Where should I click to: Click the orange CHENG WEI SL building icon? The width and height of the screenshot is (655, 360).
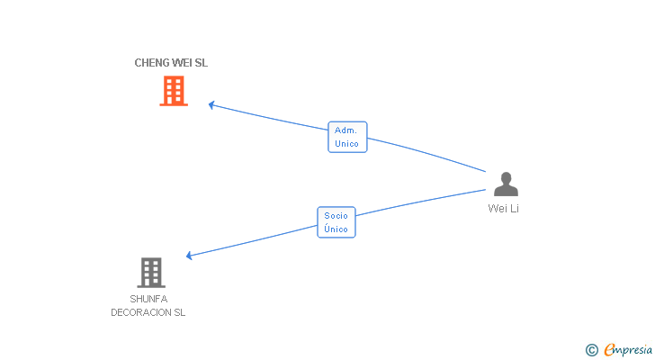(174, 90)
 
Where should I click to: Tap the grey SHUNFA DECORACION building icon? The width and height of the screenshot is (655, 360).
(151, 272)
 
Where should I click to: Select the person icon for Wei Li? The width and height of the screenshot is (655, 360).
(506, 184)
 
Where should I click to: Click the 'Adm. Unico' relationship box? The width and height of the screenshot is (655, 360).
(346, 137)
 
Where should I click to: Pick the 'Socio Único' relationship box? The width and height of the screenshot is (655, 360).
(336, 222)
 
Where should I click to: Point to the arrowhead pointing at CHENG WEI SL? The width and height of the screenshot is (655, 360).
(211, 104)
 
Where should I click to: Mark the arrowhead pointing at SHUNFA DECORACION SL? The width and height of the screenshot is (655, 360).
(189, 256)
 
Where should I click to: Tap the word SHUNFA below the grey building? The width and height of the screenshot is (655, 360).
(148, 299)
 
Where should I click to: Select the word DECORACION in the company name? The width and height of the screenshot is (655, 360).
(140, 312)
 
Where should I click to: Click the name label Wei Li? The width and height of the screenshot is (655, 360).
(504, 209)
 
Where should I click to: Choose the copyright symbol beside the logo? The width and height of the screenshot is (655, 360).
(592, 349)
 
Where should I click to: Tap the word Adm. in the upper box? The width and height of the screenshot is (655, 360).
(346, 130)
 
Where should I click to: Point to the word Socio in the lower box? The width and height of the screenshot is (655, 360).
(336, 216)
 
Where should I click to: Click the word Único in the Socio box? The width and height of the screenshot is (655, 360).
(336, 229)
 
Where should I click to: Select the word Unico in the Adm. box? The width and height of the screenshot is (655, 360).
(346, 144)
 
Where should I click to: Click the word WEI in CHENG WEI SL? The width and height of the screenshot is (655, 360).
(183, 63)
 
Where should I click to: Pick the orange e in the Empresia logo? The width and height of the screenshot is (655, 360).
(609, 349)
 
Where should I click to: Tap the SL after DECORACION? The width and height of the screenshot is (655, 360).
(179, 312)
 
